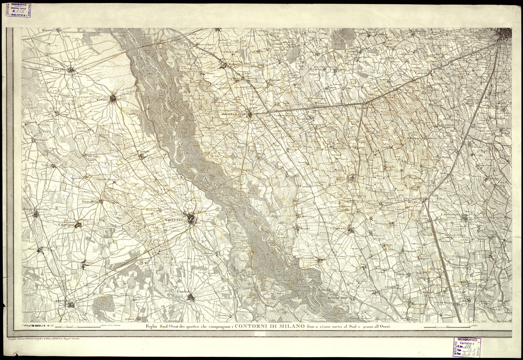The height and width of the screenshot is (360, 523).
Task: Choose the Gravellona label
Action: coord(90,202)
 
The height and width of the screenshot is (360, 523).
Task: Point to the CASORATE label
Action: coord(337,228)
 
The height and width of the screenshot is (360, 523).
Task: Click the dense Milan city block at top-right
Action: coord(503,35)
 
